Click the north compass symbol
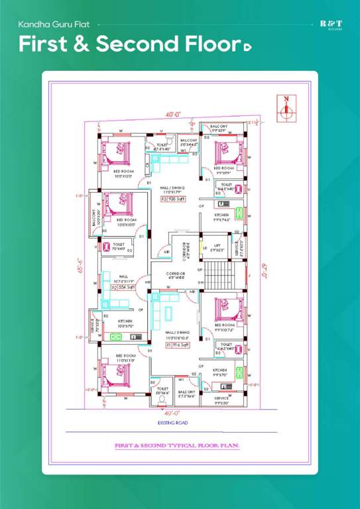(286, 108)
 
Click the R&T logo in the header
(331, 25)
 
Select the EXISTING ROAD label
(172, 422)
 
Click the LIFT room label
(216, 248)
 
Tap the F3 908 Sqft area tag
(174, 198)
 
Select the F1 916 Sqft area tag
(178, 345)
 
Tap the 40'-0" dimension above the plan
(174, 115)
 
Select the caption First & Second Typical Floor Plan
(177, 445)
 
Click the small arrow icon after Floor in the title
(247, 46)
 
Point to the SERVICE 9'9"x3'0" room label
(221, 400)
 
